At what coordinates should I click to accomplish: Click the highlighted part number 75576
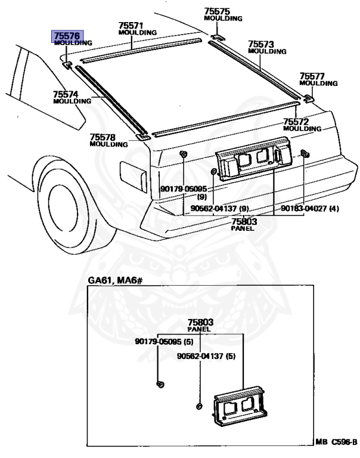67,36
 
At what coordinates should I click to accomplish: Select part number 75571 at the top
131,26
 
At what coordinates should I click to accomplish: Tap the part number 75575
216,11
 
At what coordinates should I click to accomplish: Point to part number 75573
261,44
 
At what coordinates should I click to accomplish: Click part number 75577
312,76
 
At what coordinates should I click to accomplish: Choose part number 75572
296,121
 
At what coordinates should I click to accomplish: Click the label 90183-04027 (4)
310,208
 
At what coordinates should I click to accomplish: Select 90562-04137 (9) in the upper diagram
220,208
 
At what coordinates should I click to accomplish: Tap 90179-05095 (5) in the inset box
165,342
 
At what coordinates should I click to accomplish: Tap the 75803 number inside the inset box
200,322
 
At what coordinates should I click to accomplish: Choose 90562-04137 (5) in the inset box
206,357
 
